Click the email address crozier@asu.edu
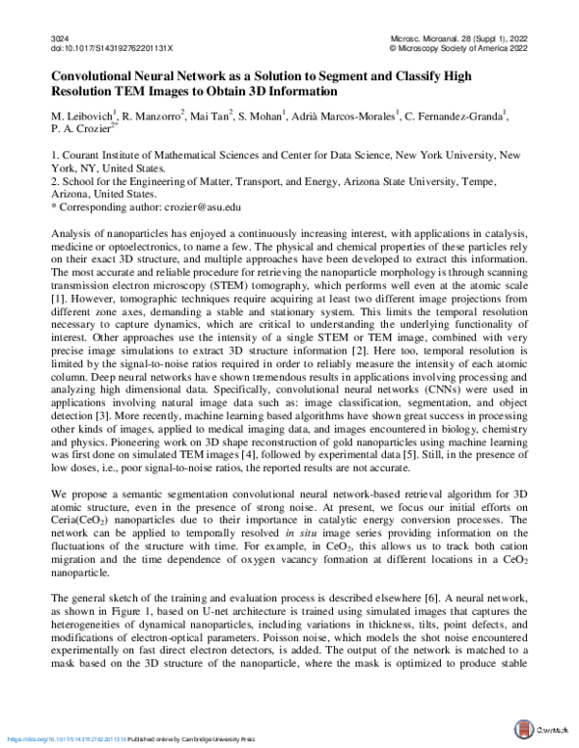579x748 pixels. coord(211,206)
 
